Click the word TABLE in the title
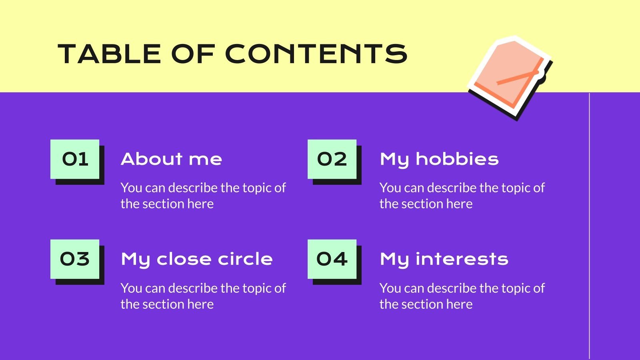[x=109, y=54]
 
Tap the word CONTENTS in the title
[x=316, y=54]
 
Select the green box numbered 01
[x=75, y=159]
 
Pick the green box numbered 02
[x=332, y=159]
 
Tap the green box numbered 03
[x=75, y=259]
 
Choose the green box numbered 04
[x=332, y=259]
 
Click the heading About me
[x=171, y=159]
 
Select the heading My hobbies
[x=439, y=160]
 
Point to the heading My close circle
[x=197, y=260]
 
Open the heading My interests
[x=444, y=260]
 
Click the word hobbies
[x=457, y=159]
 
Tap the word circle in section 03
[x=245, y=259]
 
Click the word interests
[x=462, y=259]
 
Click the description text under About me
[x=203, y=196]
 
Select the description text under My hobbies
[x=462, y=196]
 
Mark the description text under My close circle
[x=203, y=296]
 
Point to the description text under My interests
[x=462, y=296]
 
